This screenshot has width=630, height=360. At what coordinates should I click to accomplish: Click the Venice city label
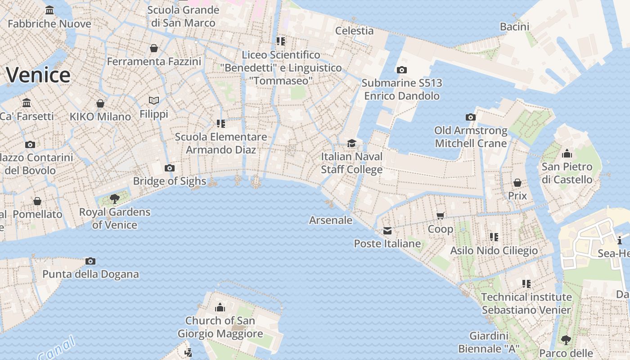(38, 75)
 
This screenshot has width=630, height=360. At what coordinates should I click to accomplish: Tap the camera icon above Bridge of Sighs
(169, 168)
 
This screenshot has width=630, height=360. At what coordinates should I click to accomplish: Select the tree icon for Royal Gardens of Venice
(115, 198)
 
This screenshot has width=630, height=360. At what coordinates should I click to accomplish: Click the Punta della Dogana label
(90, 274)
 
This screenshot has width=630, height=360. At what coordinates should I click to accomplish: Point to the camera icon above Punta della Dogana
(90, 261)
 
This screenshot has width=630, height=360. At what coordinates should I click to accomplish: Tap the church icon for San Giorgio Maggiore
(220, 307)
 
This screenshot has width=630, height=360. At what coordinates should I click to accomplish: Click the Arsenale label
(331, 220)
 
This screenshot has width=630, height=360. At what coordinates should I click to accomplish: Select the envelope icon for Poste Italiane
(387, 231)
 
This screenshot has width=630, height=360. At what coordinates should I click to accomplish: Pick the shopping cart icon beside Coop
(441, 216)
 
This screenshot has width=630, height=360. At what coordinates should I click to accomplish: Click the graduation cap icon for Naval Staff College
(351, 143)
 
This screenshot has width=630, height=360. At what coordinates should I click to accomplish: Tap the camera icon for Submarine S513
(401, 70)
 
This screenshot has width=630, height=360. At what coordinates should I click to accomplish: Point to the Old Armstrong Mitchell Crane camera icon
(470, 117)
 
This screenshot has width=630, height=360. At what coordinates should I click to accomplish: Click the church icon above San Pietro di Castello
(567, 153)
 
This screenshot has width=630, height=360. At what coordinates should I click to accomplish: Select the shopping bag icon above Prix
(517, 183)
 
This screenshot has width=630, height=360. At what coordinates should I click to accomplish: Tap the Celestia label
(355, 31)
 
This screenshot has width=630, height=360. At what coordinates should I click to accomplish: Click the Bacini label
(514, 27)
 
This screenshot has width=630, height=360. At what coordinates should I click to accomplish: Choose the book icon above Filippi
(154, 100)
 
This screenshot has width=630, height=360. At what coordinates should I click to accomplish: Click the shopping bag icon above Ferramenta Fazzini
(154, 48)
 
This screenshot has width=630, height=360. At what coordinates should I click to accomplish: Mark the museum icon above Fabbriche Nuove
(49, 10)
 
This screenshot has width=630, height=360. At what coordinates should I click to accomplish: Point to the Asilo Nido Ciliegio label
(494, 250)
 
